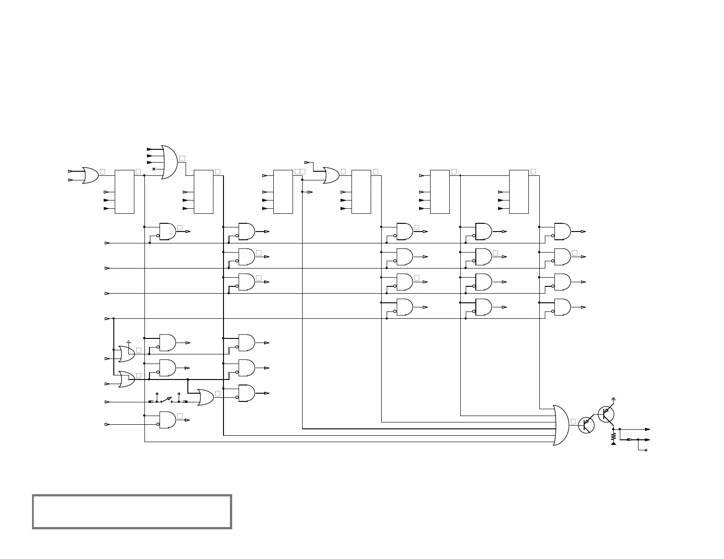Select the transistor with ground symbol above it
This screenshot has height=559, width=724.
[x=606, y=414]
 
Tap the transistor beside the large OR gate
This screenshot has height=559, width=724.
[x=586, y=425]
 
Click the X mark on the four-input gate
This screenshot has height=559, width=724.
[x=154, y=169]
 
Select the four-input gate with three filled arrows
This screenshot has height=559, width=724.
[x=170, y=162]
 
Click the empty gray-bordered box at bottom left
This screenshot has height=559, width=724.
[x=132, y=512]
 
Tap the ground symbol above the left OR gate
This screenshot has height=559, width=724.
[x=128, y=341]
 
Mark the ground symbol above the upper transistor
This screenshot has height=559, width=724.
[x=613, y=399]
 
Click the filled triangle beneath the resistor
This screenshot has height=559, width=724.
[x=613, y=443]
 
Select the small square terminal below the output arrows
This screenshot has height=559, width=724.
[x=646, y=450]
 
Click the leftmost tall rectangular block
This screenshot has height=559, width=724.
[x=124, y=192]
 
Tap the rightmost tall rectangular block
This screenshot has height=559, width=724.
[x=519, y=192]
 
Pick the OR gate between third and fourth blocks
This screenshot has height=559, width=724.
[x=331, y=175]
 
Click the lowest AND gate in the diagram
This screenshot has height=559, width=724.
[x=167, y=420]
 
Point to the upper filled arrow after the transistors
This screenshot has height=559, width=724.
[x=647, y=429]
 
